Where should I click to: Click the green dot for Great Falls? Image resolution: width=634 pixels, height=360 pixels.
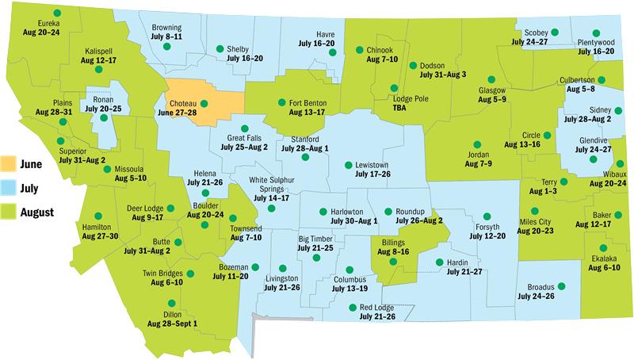pos(244,128)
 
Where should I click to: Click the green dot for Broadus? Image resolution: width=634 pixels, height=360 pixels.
pos(561,285)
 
